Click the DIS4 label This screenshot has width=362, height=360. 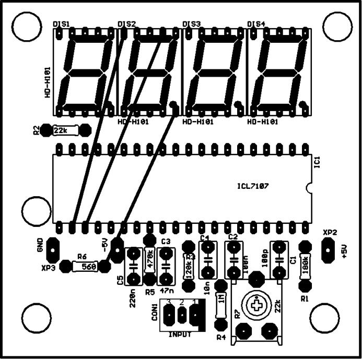point(256,24)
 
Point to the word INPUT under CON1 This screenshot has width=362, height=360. point(180,334)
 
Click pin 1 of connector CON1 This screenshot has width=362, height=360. point(195,315)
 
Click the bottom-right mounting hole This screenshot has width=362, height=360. point(323,317)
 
